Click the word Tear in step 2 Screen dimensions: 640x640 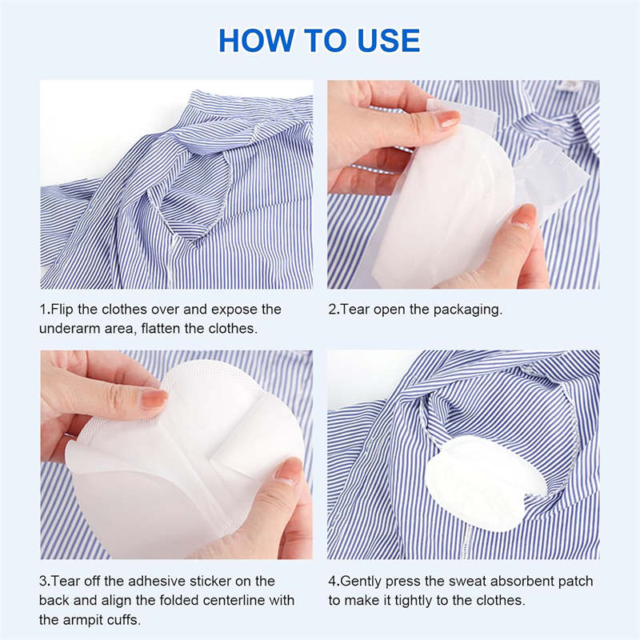355,310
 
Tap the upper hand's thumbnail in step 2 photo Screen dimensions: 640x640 446,119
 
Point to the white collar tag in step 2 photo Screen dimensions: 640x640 569,86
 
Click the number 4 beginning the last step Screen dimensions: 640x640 332,581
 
